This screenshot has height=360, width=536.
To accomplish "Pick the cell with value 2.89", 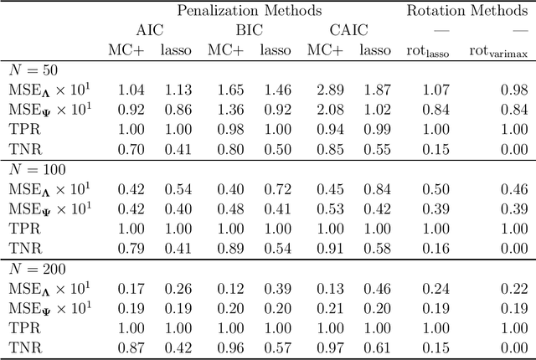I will [322, 90].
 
